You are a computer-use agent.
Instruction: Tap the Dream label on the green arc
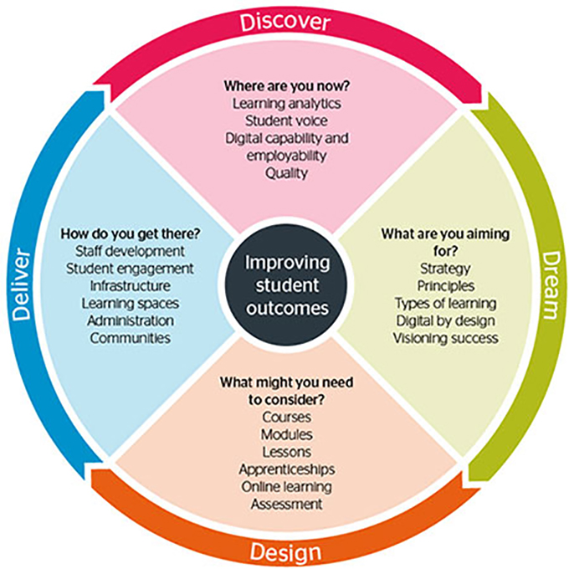(548, 284)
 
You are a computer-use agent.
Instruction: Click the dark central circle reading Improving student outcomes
(287, 284)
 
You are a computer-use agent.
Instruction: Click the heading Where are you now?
(285, 86)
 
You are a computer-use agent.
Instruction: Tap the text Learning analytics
(286, 104)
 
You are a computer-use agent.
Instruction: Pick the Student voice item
(286, 121)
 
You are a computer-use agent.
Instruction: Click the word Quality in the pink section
(286, 173)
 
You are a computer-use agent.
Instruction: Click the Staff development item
(130, 250)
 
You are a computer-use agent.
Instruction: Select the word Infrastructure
(129, 285)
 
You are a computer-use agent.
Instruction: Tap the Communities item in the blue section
(130, 338)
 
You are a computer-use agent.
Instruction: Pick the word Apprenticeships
(286, 469)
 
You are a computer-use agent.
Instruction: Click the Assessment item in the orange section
(286, 504)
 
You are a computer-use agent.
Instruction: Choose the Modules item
(286, 434)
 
